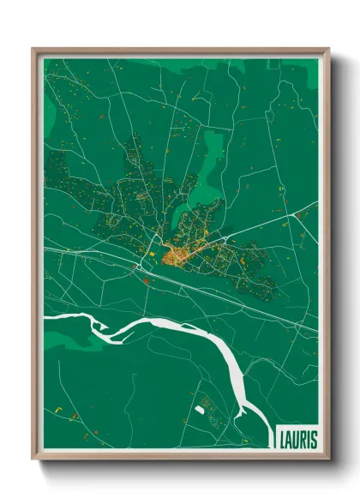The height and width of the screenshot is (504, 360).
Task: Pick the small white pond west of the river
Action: click(x=200, y=410)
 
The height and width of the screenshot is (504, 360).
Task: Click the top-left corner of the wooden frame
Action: click(x=33, y=50)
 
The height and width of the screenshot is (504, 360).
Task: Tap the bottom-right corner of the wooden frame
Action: click(x=328, y=458)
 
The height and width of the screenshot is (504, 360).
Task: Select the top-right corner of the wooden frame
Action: click(x=328, y=50)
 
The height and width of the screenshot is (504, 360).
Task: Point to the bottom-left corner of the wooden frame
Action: click(x=33, y=458)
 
